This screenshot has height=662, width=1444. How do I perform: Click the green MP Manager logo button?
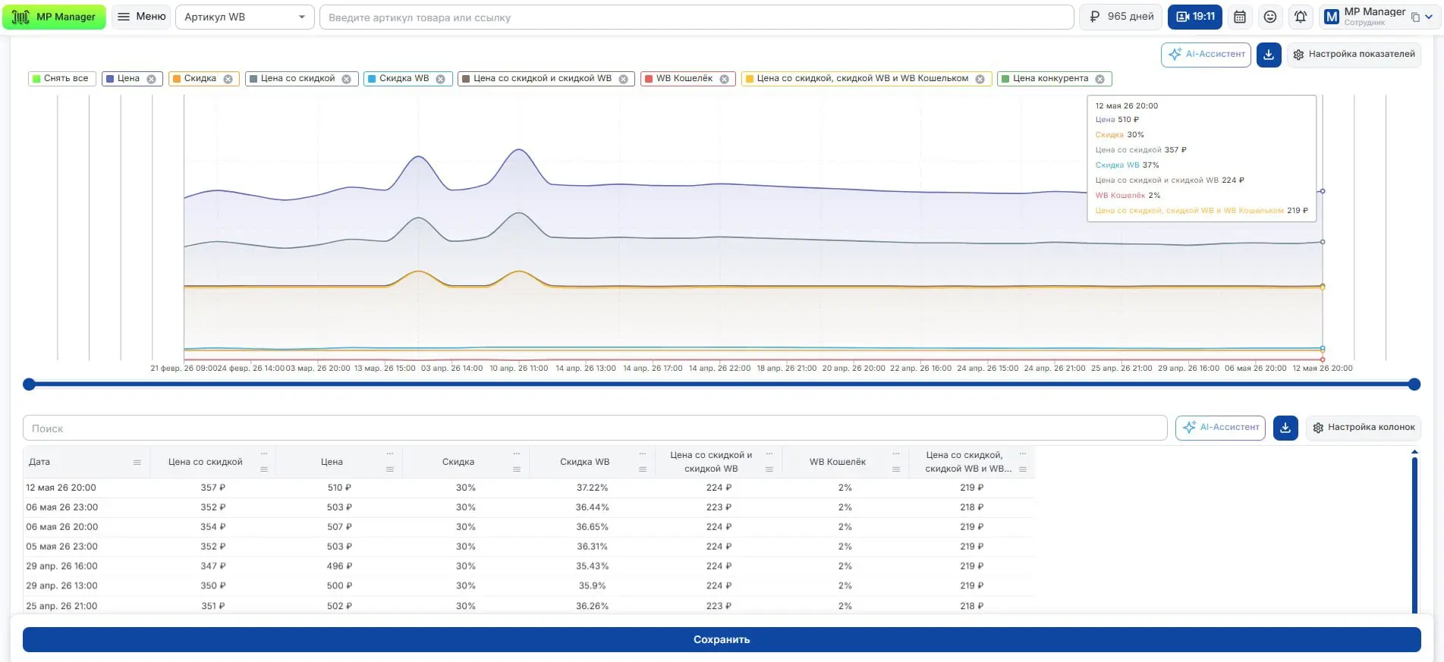coord(54,17)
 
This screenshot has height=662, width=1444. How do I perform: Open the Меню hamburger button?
coord(142,17)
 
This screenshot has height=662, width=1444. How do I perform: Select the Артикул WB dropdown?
coord(244,17)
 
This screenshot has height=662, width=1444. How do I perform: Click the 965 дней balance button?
coord(1121,17)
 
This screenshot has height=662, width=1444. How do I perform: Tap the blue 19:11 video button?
coord(1195,17)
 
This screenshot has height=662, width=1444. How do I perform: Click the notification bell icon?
coord(1301,17)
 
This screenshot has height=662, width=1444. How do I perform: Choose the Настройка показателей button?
coord(1354,55)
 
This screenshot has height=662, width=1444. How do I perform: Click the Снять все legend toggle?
coord(61,79)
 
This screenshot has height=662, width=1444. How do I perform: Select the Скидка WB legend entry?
coord(407,79)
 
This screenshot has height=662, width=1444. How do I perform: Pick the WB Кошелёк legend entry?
coord(687,79)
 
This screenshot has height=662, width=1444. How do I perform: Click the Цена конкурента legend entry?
coord(1054,79)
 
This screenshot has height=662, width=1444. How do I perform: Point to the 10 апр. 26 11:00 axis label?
coord(518,369)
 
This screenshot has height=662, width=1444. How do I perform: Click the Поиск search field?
coord(595,428)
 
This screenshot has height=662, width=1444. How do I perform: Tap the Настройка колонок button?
coord(1363,428)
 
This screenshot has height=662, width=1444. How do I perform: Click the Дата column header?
coord(39,462)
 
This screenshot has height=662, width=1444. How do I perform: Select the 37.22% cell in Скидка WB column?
coord(592,488)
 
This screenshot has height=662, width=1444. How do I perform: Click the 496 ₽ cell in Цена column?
coord(339,566)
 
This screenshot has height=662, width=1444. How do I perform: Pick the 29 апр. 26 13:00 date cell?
coord(61,586)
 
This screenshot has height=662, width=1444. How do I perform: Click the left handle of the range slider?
coord(29,384)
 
